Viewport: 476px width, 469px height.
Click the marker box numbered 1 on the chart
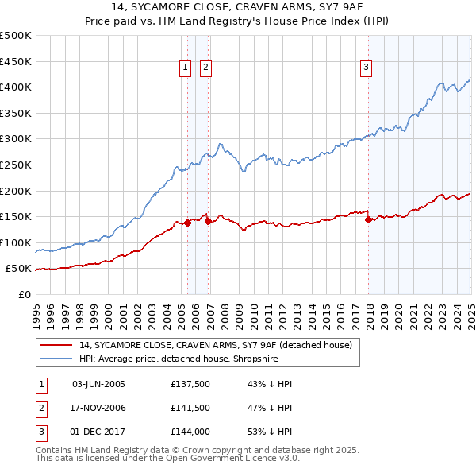[185, 68]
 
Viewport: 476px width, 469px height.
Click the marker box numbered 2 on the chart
[205, 68]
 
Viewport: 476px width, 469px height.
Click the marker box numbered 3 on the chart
[367, 68]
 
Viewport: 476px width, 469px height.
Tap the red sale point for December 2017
[369, 220]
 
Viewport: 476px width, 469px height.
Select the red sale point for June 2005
[188, 223]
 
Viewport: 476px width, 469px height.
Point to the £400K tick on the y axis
[16, 87]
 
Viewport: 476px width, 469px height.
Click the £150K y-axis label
[16, 216]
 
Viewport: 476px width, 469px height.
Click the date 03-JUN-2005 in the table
[98, 384]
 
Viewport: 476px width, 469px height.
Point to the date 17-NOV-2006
[98, 408]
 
